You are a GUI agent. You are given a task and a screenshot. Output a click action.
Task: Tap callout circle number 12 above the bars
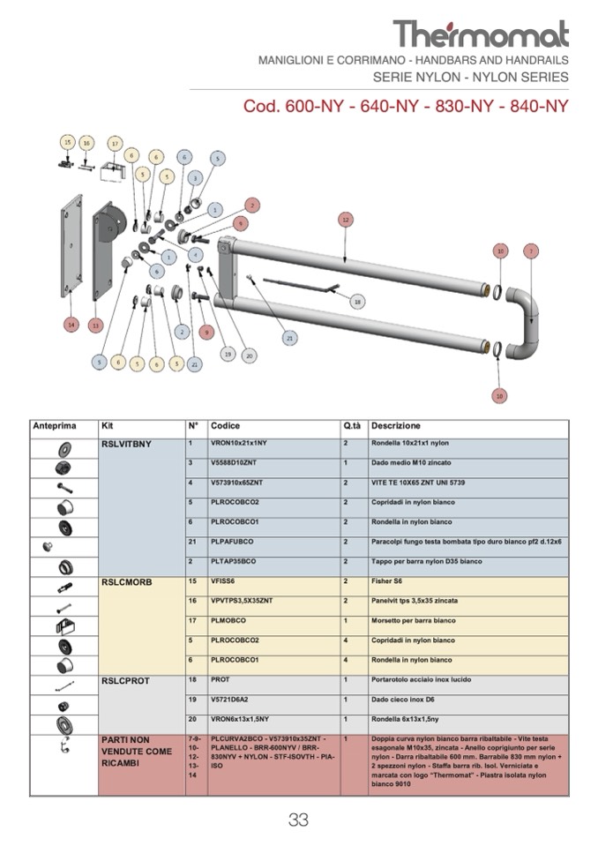pyautogui.click(x=346, y=219)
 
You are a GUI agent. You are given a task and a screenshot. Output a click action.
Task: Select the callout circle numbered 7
pyautogui.click(x=530, y=251)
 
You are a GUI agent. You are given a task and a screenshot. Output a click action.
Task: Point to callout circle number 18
pyautogui.click(x=357, y=302)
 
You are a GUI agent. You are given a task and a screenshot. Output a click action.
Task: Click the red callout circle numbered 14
pyautogui.click(x=71, y=325)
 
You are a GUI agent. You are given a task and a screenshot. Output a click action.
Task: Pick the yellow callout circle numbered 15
pyautogui.click(x=68, y=142)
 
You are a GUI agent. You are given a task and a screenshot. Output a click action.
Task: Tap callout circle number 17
pyautogui.click(x=114, y=143)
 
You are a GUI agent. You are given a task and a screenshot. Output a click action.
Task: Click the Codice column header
pyautogui.click(x=226, y=426)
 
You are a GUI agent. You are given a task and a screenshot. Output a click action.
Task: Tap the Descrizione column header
pyautogui.click(x=396, y=426)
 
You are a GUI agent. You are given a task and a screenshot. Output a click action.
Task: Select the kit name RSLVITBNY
pyautogui.click(x=127, y=445)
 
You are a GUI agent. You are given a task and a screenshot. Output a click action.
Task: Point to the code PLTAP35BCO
pyautogui.click(x=234, y=561)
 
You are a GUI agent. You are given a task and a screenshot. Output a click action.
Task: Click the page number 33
pyautogui.click(x=298, y=820)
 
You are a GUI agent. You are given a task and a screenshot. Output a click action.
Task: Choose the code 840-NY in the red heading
pyautogui.click(x=534, y=107)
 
